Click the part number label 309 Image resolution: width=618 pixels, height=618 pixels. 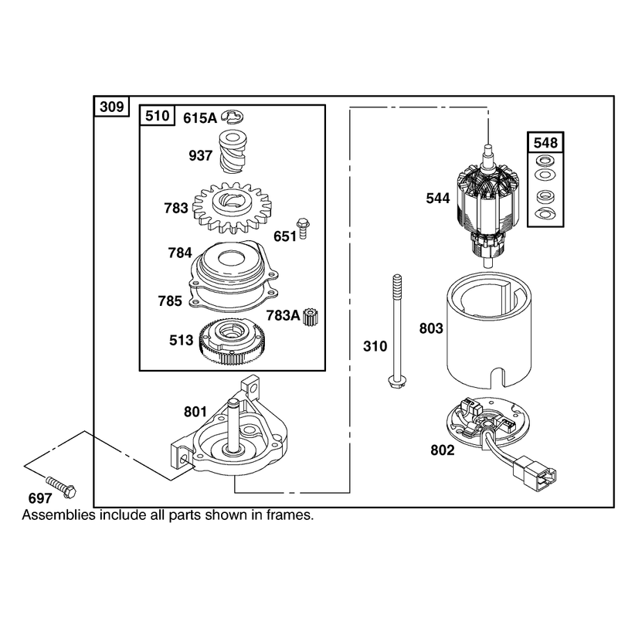coord(112,107)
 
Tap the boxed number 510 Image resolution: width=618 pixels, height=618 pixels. coord(158,116)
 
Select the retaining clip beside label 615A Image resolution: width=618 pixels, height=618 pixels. coord(233,116)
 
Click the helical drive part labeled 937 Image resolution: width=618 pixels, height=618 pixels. coord(233,151)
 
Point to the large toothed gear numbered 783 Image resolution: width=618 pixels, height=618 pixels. coord(227,208)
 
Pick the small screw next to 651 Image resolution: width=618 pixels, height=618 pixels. coord(303,228)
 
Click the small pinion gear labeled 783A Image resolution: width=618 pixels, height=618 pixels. coord(311,317)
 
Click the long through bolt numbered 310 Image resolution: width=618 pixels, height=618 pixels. coord(396,331)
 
